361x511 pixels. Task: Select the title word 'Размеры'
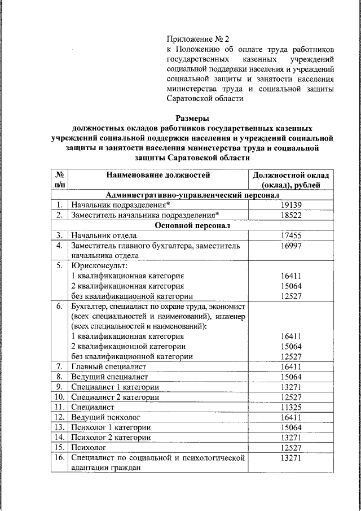pos(192,119)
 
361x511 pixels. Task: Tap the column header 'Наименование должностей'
pos(158,175)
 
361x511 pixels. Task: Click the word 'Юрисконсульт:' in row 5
pos(95,265)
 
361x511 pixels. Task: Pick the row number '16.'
pos(59,457)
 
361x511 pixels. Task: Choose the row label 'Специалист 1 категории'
pos(115,387)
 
